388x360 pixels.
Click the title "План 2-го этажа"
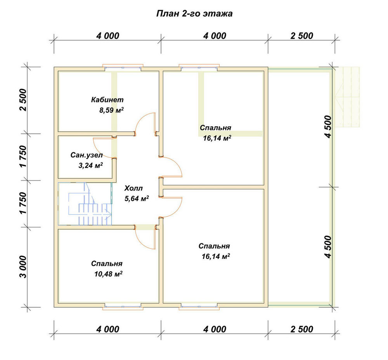pyautogui.click(x=194, y=13)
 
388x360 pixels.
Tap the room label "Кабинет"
pyautogui.click(x=107, y=100)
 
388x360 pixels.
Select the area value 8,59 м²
pyautogui.click(x=111, y=110)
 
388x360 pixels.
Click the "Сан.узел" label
pyautogui.click(x=87, y=155)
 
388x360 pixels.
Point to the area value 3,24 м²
pyautogui.click(x=90, y=165)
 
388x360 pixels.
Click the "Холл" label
pyautogui.click(x=133, y=188)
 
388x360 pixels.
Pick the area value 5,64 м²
pyautogui.click(x=137, y=198)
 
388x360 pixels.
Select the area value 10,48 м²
pyautogui.click(x=108, y=274)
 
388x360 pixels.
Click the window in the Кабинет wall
pyautogui.click(x=123, y=67)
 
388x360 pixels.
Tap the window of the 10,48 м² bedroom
pyautogui.click(x=123, y=307)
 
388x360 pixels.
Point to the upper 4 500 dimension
pyautogui.click(x=328, y=126)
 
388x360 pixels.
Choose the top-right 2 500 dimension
pyautogui.click(x=301, y=36)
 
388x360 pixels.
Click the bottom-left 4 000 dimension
pyautogui.click(x=107, y=329)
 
